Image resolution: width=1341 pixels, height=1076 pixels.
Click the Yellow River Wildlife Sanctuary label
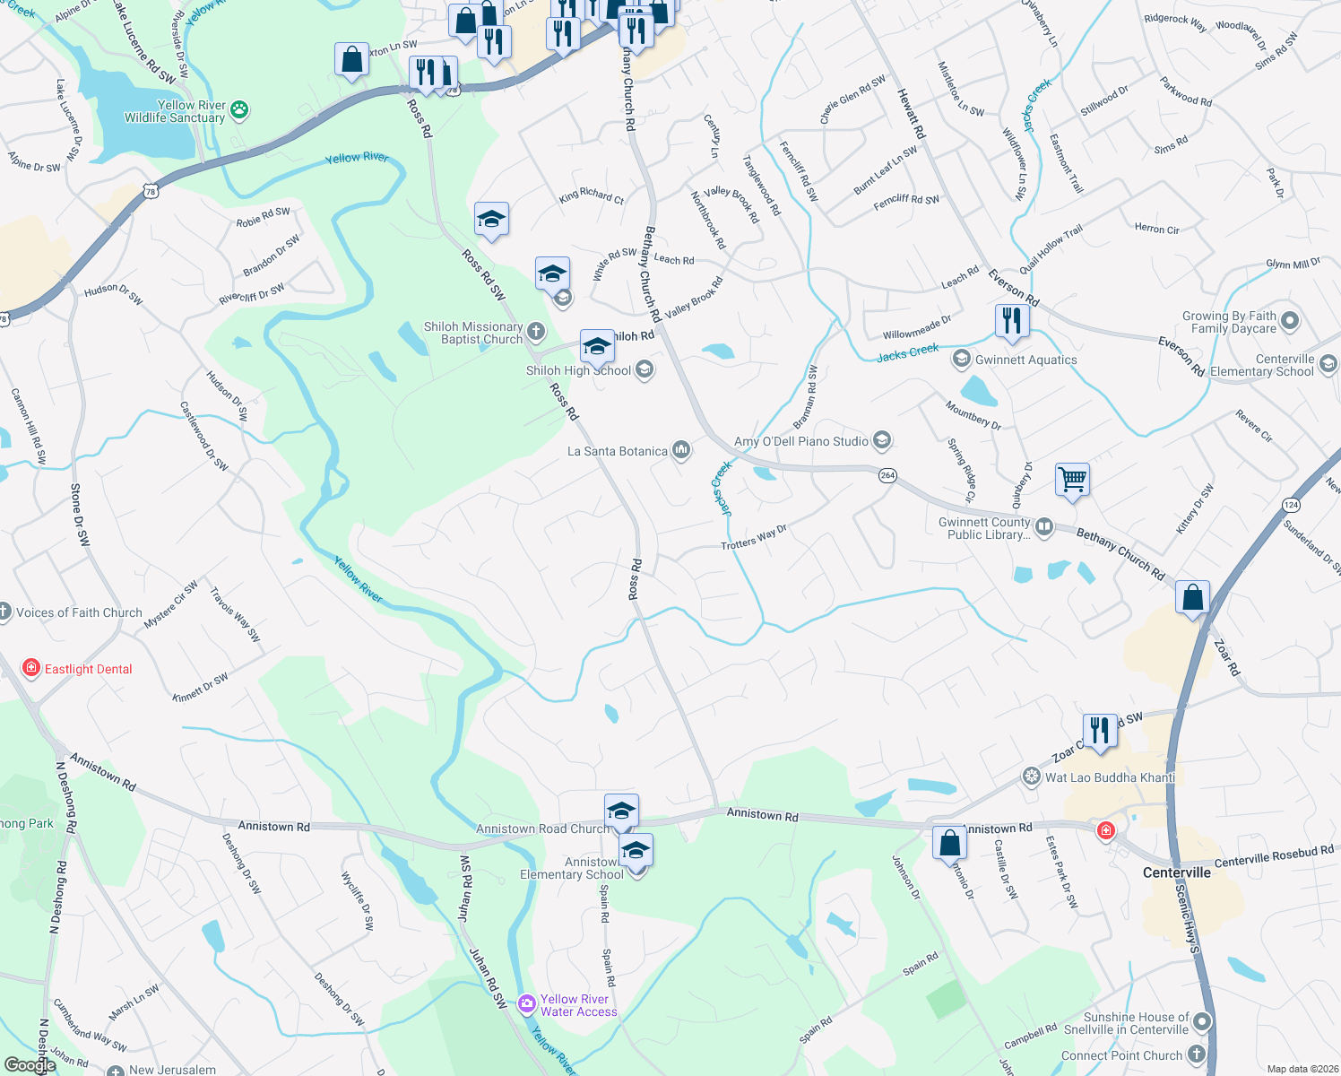(x=175, y=111)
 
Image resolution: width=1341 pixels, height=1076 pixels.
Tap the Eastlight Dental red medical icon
(x=30, y=668)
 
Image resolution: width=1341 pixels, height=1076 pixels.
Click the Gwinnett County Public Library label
(x=984, y=528)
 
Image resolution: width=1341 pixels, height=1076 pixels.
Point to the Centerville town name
(x=1176, y=872)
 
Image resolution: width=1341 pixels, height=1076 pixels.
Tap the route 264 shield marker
(x=887, y=475)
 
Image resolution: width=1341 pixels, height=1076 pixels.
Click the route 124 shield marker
(x=1291, y=505)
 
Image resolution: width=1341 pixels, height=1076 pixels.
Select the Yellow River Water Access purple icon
(x=527, y=1002)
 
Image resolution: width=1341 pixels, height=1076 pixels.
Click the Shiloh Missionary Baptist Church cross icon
(x=536, y=332)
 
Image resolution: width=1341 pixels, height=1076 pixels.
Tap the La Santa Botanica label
(x=618, y=451)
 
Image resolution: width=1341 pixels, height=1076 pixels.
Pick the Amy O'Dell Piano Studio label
(x=801, y=441)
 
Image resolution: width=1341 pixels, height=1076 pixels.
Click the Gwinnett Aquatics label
(x=1025, y=360)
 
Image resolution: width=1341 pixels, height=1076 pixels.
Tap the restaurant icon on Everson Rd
(x=1011, y=320)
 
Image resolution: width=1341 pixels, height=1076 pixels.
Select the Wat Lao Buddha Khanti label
(x=1110, y=777)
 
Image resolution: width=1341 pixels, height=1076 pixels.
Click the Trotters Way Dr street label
(x=754, y=537)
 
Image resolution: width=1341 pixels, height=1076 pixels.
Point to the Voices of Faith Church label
(x=79, y=612)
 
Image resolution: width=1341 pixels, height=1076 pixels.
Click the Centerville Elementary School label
(x=1262, y=365)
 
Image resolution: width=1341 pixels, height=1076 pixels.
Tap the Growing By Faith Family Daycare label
(x=1229, y=322)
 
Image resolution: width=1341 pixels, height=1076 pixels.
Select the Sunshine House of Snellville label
(x=1136, y=1023)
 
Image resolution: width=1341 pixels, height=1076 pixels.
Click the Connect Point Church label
(x=1121, y=1055)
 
